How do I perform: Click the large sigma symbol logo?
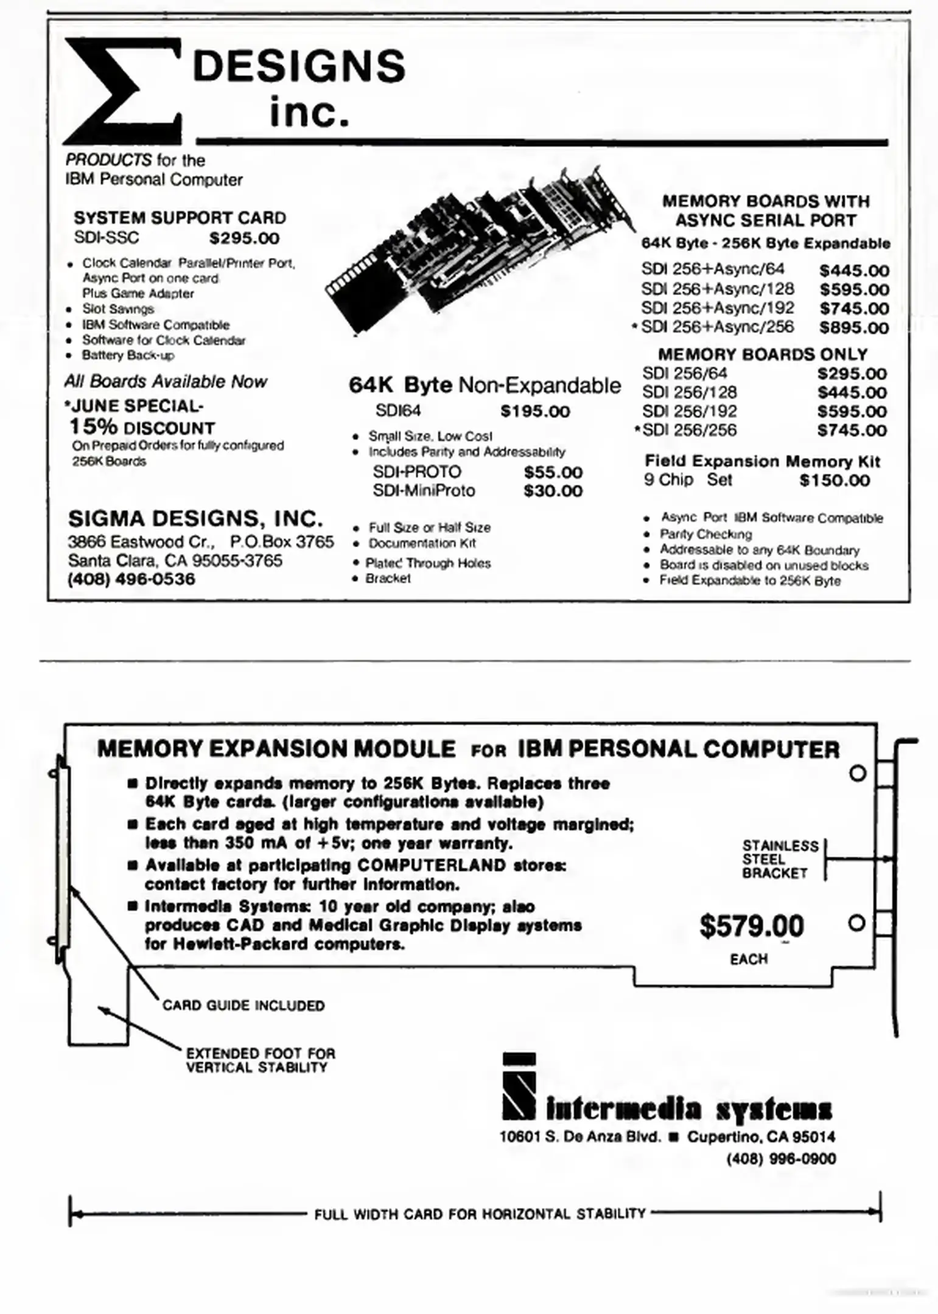click(122, 90)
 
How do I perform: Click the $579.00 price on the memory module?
click(751, 926)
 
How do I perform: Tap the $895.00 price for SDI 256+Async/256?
click(853, 327)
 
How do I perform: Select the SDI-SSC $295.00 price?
click(244, 238)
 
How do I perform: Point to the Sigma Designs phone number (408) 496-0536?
click(131, 579)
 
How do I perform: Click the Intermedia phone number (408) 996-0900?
click(781, 1158)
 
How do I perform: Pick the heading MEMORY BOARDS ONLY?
click(763, 354)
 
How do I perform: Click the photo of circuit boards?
click(481, 249)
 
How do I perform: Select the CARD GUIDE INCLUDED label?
click(243, 1006)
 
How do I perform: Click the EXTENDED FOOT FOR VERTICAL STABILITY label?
click(260, 1060)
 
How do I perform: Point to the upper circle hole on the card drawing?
click(857, 774)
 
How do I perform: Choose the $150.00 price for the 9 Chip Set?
click(834, 481)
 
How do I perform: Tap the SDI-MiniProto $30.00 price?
click(553, 491)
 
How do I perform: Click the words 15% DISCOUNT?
click(142, 427)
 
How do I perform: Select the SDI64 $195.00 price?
click(535, 411)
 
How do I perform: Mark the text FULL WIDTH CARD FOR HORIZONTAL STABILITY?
click(480, 1214)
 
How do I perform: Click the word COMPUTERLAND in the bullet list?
click(432, 865)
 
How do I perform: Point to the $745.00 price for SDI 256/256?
click(852, 430)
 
